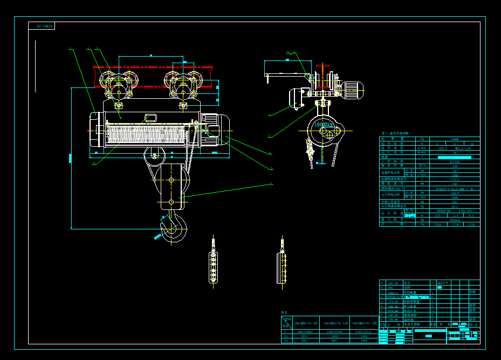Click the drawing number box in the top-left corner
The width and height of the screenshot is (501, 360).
42,26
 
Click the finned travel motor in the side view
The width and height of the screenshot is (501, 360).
353,90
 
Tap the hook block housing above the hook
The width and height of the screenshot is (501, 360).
171,186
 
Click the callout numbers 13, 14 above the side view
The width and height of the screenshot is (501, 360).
291,52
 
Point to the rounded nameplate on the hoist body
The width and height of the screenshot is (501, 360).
150,117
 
